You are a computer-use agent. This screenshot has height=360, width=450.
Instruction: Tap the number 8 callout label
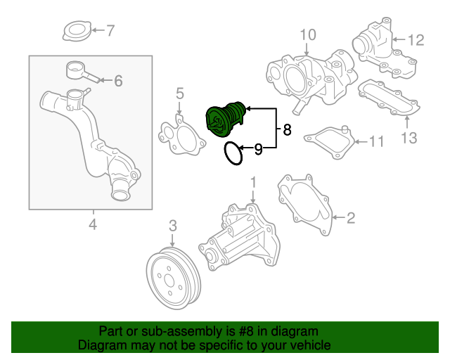(x=286, y=129)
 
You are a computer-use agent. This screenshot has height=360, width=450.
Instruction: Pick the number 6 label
(x=117, y=81)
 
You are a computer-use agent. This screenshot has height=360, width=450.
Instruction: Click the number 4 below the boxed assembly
(x=92, y=225)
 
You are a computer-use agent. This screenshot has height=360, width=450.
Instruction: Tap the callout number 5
(x=179, y=94)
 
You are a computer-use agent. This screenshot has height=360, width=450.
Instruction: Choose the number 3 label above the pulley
(x=172, y=226)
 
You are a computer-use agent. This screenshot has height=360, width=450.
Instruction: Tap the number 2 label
(x=350, y=219)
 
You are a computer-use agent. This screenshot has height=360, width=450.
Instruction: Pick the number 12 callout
(x=416, y=40)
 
